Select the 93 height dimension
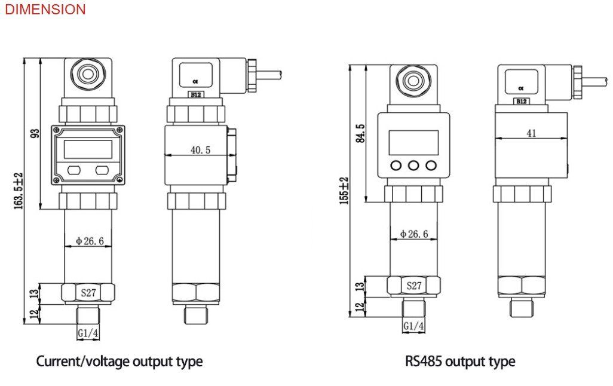tap(35, 133)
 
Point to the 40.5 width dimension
tap(200, 151)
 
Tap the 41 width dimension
tap(531, 133)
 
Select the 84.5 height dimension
tap(360, 133)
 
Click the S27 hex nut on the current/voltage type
tap(88, 292)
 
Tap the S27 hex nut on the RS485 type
tap(414, 286)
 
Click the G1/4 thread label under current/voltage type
tap(88, 333)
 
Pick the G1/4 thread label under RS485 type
tap(413, 326)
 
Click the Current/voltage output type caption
tap(119, 362)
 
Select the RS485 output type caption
tap(460, 362)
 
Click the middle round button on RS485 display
tap(413, 165)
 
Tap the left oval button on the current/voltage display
tap(74, 170)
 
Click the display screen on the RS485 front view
tap(413, 142)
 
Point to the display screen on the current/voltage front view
tap(88, 148)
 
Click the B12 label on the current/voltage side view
tap(195, 94)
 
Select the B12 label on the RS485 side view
tap(521, 101)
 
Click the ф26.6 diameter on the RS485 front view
tap(413, 234)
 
